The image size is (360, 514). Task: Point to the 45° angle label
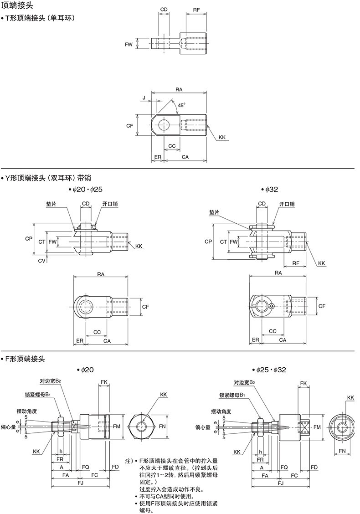[x=181, y=105]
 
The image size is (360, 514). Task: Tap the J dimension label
[x=144, y=98]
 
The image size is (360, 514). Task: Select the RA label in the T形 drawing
[x=179, y=90]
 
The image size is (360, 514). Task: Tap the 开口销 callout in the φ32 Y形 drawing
[x=287, y=204]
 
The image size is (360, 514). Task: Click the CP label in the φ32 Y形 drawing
[x=208, y=242]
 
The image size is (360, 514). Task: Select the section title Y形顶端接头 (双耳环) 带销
[x=48, y=178]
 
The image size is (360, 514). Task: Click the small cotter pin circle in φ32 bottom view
[x=272, y=307]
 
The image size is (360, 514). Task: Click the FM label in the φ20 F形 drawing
[x=117, y=427]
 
